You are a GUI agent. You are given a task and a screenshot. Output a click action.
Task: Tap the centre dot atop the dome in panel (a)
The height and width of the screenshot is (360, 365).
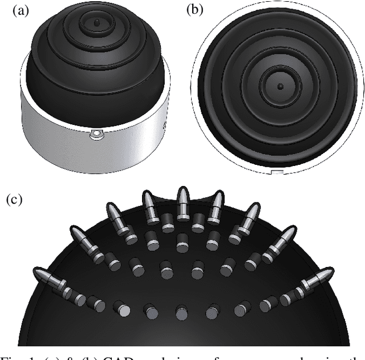[x=96, y=22]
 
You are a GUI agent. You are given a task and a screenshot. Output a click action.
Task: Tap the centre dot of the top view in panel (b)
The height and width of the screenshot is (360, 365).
[x=280, y=87]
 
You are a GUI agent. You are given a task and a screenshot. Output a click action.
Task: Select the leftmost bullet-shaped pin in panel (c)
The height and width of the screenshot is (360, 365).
[x=49, y=278]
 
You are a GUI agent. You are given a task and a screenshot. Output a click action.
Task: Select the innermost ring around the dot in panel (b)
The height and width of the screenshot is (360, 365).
[x=280, y=87]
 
